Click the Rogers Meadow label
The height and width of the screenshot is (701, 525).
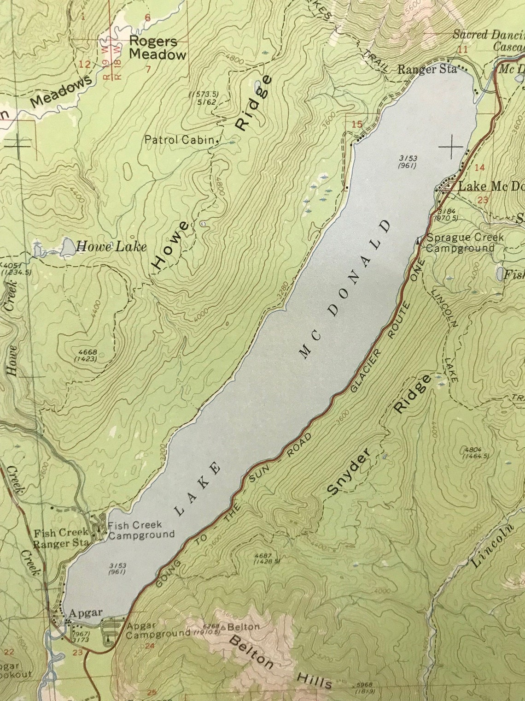pyautogui.click(x=157, y=48)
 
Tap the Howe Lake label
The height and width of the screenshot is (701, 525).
pyautogui.click(x=111, y=247)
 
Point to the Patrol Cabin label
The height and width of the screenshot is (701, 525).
pyautogui.click(x=180, y=140)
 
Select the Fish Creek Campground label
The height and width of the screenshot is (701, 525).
pyautogui.click(x=141, y=530)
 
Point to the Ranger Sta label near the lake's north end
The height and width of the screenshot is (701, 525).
pyautogui.click(x=427, y=70)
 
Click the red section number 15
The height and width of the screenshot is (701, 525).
pyautogui.click(x=357, y=124)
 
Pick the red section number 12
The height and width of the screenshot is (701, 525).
pyautogui.click(x=85, y=64)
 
